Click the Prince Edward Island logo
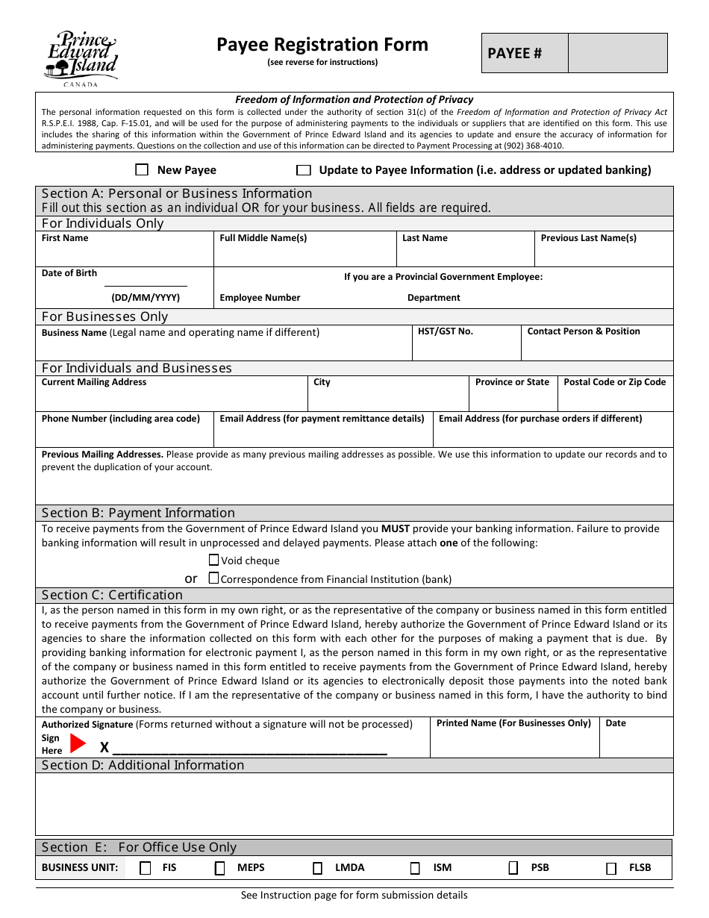pyautogui.click(x=81, y=58)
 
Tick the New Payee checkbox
pyautogui.click(x=142, y=170)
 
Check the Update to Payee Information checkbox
pyautogui.click(x=303, y=170)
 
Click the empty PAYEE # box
pyautogui.click(x=617, y=53)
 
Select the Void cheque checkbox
pyautogui.click(x=214, y=560)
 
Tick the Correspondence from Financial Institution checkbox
pyautogui.click(x=214, y=578)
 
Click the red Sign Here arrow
pyautogui.click(x=78, y=743)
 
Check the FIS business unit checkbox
pyautogui.click(x=146, y=868)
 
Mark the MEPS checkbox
pyautogui.click(x=220, y=868)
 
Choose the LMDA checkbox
pyautogui.click(x=318, y=868)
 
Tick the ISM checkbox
pyautogui.click(x=415, y=868)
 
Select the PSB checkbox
pyautogui.click(x=513, y=868)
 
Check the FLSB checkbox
pyautogui.click(x=611, y=868)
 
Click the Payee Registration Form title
pyautogui.click(x=322, y=45)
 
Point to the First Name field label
pyautogui.click(x=65, y=238)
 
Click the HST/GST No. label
pyautogui.click(x=446, y=331)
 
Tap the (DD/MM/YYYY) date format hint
pyautogui.click(x=146, y=298)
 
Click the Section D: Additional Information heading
pyautogui.click(x=143, y=765)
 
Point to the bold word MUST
pyautogui.click(x=396, y=528)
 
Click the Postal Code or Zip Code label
pyautogui.click(x=614, y=382)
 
